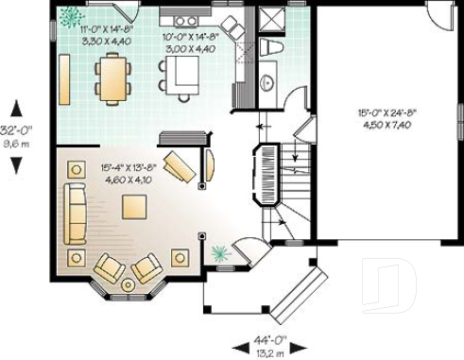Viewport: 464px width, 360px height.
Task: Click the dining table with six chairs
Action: pos(112,77)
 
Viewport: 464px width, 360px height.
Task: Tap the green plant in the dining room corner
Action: pos(70,16)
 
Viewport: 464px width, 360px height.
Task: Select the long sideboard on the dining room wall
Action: pos(64,79)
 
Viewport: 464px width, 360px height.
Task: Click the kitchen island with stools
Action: pos(182,74)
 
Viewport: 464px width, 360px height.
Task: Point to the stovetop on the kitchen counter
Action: pos(185,20)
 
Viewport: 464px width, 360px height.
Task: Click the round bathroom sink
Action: pos(267,83)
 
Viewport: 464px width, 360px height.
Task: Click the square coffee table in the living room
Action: pos(133,206)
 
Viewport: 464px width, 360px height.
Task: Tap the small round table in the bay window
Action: pos(128,283)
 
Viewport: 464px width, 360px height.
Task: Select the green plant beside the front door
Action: pos(220,251)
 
